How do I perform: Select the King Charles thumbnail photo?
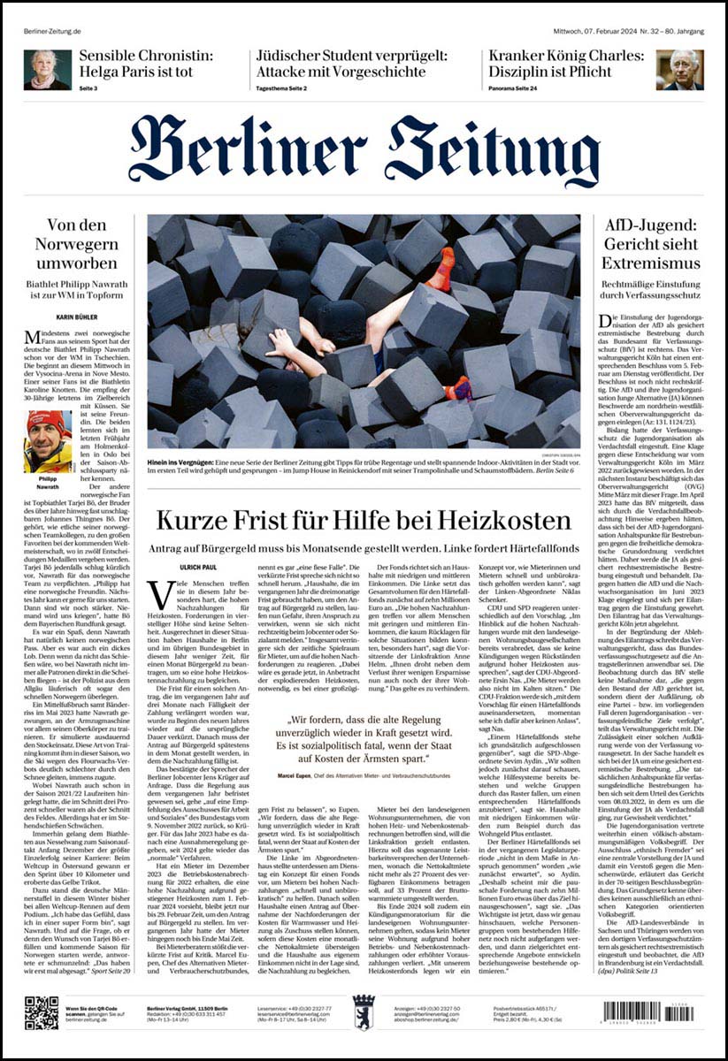point(679,70)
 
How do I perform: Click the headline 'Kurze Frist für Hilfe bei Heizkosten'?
point(363,520)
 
